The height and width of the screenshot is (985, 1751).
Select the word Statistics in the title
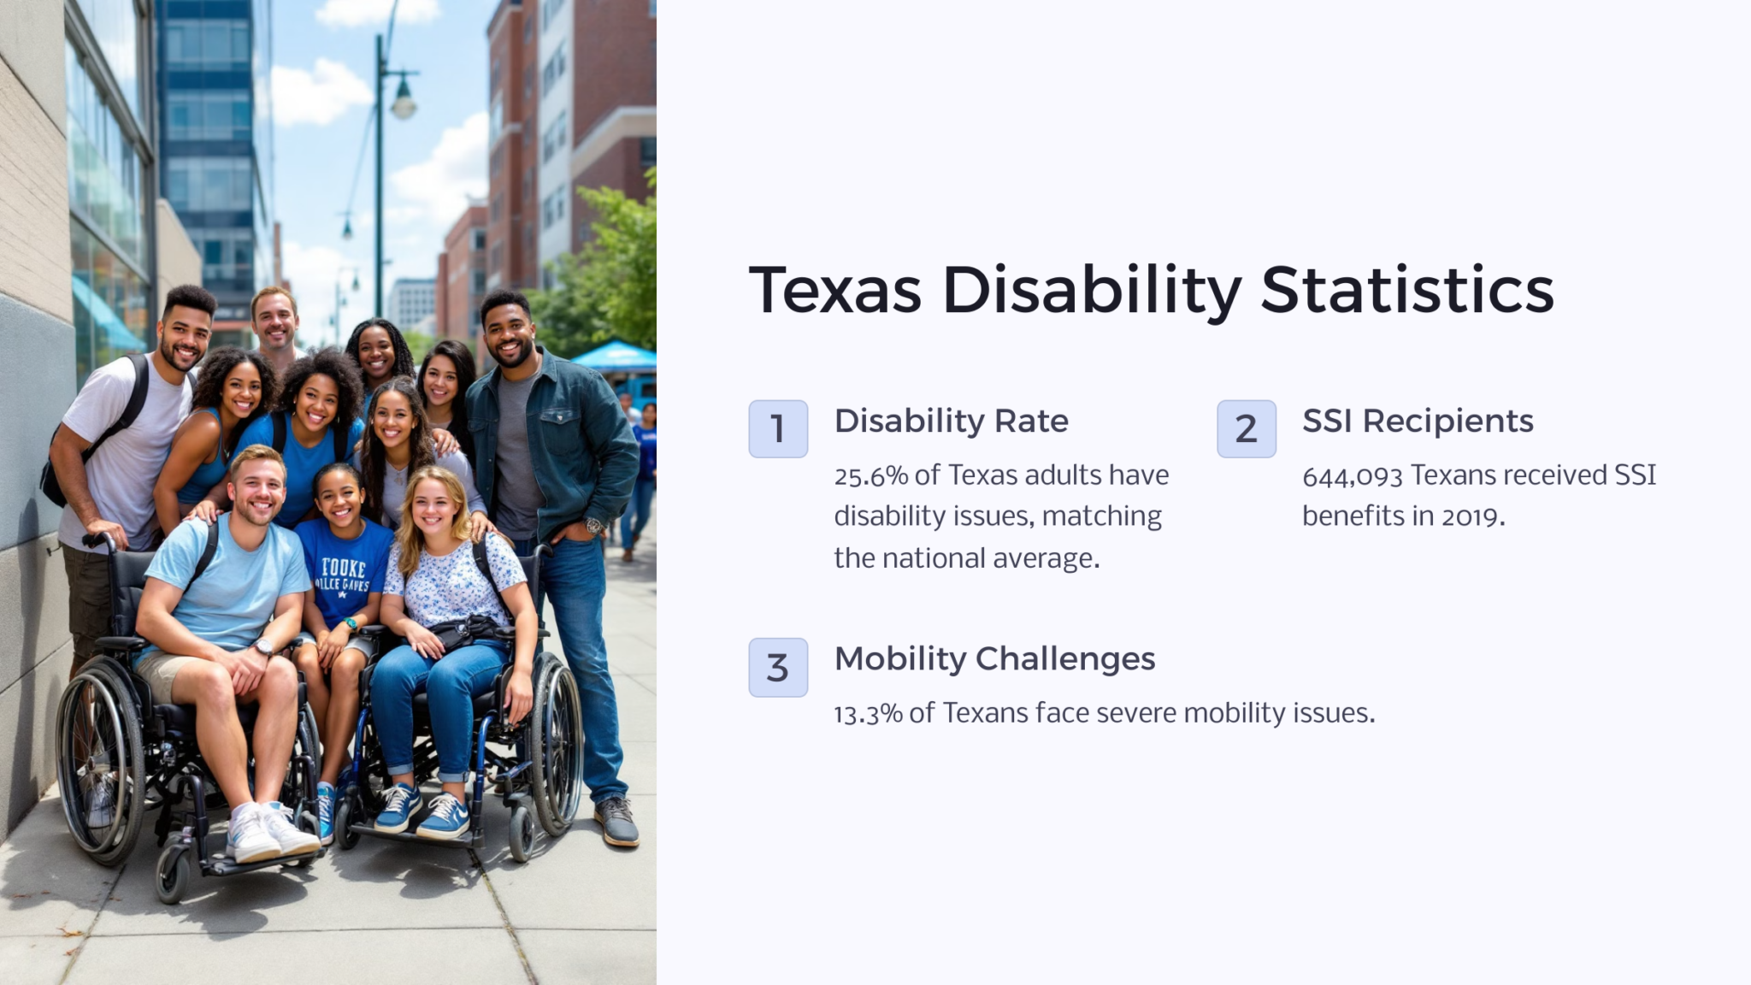1406,290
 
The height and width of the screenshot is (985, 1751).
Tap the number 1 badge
778,428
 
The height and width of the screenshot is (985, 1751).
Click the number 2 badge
1246,428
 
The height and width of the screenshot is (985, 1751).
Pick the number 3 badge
778,667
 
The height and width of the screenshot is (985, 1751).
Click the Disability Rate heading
951,421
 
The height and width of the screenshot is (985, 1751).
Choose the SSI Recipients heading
1418,421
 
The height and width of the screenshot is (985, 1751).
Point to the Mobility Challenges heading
994,658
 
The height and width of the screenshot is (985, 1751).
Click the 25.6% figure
870,475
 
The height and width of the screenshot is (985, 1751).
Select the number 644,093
1352,475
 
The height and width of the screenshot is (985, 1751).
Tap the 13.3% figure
868,713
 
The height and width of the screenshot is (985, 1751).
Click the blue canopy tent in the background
614,356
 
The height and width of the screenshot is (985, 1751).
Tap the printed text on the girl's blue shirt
344,575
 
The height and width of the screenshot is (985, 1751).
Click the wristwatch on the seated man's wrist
264,647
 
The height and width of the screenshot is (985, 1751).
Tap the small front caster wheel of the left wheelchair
174,876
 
